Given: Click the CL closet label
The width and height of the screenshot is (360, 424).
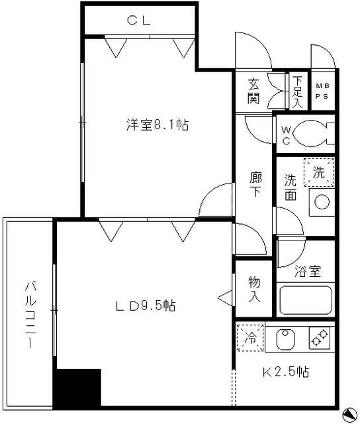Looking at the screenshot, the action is (139, 21).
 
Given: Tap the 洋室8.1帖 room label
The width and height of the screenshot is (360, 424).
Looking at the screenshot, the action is (157, 125).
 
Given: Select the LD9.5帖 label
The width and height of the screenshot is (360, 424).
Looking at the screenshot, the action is (146, 306).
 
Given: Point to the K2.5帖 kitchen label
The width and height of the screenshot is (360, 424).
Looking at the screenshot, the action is (286, 372).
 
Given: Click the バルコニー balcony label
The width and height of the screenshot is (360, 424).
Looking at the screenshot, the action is (30, 315).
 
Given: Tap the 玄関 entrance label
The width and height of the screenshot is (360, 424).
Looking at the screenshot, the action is (253, 91).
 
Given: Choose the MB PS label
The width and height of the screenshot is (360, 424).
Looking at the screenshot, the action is (322, 91).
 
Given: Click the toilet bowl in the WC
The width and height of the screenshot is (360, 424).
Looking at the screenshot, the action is (309, 133).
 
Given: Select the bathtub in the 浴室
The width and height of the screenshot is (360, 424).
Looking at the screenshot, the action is (306, 299).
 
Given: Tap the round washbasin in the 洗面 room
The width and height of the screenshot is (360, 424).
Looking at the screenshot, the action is (322, 201).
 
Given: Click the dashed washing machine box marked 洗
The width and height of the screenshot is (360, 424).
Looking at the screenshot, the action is (319, 172).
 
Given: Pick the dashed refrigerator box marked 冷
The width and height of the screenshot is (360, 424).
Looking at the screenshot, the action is (250, 338).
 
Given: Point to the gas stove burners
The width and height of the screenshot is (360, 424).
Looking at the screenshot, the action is (320, 339).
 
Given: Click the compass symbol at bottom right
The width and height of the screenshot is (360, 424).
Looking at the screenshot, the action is (350, 415).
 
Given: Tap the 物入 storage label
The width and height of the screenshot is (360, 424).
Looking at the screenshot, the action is (254, 290).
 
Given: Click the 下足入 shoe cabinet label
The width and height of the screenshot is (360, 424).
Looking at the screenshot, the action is (298, 92).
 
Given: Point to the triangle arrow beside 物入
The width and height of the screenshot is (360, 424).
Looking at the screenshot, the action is (225, 297).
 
